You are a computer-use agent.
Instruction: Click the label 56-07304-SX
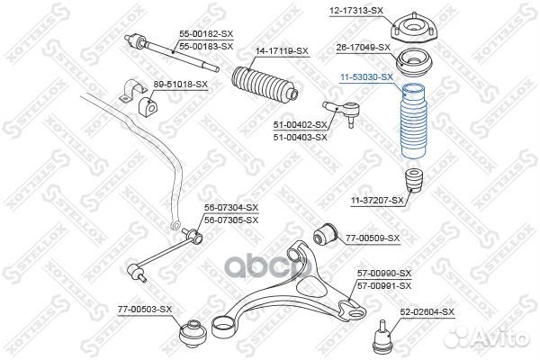click(224, 209)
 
